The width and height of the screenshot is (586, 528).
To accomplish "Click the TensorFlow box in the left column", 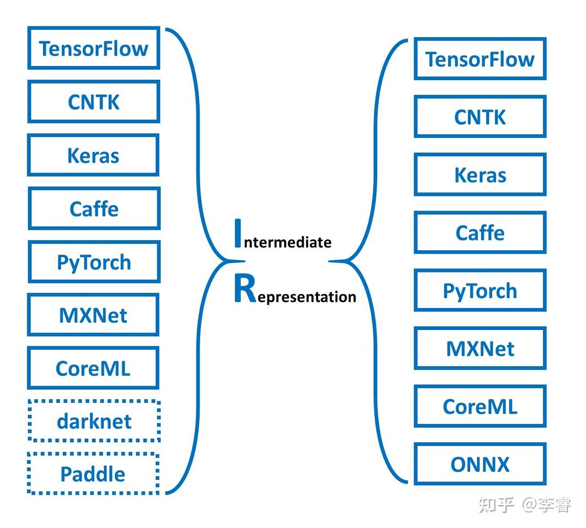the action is (x=94, y=48).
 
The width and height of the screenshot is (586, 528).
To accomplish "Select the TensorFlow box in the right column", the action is (x=480, y=59).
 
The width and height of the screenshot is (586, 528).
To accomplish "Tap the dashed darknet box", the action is (x=94, y=420).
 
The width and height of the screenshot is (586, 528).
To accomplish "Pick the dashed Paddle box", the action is (x=93, y=474).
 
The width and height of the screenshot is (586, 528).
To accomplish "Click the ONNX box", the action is (x=480, y=464).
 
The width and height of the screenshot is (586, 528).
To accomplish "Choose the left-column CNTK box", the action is (x=94, y=102).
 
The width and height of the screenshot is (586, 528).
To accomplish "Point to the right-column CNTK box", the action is (x=480, y=116).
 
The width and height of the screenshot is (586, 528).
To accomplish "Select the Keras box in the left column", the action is (x=93, y=155).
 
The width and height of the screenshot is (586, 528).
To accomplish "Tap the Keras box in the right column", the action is (x=480, y=175).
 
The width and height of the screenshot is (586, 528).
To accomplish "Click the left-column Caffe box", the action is (x=94, y=208).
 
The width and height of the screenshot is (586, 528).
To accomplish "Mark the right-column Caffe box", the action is (x=480, y=232).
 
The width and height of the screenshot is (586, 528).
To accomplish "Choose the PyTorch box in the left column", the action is (x=94, y=262).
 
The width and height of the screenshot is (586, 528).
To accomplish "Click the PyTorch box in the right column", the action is (x=480, y=290).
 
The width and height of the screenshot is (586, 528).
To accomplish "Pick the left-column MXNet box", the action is (x=93, y=315).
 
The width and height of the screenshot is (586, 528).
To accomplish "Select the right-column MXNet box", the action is (x=480, y=348).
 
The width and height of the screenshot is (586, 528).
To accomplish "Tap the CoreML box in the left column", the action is (x=93, y=368).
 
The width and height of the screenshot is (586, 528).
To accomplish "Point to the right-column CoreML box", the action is (x=480, y=406).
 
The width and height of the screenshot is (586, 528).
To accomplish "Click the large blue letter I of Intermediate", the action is (x=238, y=233).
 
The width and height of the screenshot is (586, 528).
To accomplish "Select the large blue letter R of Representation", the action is (x=245, y=288).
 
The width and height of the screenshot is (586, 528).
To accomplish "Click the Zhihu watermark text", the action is (x=524, y=505).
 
